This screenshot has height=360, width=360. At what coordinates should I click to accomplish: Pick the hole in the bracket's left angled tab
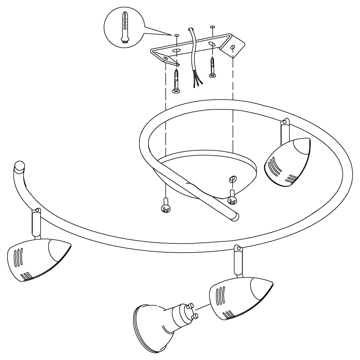point(165,58)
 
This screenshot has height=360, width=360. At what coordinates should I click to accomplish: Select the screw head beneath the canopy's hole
point(233,200)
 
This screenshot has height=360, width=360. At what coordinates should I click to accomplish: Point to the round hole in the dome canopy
point(232,179)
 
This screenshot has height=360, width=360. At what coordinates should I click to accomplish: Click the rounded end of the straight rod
point(236,216)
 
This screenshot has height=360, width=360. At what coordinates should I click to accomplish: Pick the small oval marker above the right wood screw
point(212,27)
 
